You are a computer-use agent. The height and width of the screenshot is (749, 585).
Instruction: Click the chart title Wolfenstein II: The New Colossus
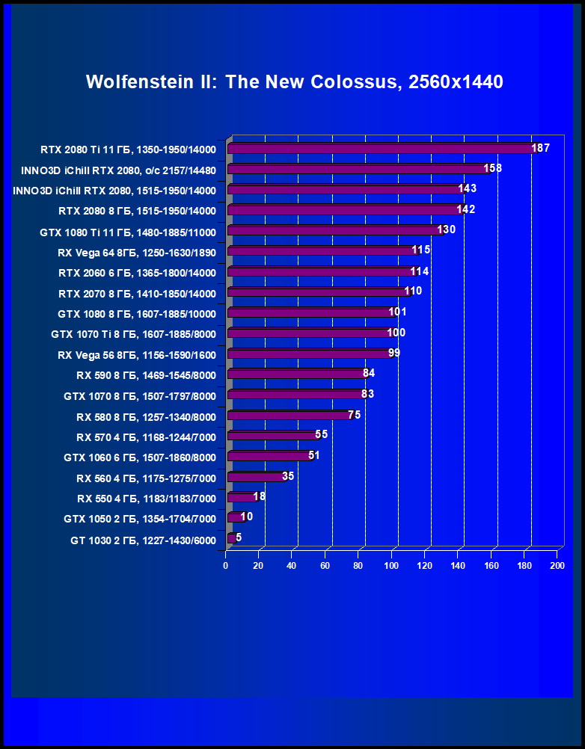tap(294, 81)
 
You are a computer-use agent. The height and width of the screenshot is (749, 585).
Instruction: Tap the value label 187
tap(540, 148)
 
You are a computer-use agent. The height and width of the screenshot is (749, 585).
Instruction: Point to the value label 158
tap(492, 168)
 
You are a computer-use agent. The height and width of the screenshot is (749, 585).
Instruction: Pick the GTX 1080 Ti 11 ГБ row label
tap(128, 232)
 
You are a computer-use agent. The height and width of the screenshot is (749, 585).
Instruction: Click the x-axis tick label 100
tap(391, 566)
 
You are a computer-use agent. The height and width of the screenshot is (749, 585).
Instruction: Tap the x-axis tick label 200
tap(557, 566)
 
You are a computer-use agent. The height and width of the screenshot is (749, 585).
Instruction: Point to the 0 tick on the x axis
tap(225, 566)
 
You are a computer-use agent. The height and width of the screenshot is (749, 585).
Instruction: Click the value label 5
tap(239, 537)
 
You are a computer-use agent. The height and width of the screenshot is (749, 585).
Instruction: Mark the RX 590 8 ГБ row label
tap(146, 375)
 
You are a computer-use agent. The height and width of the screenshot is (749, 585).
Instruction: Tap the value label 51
tap(313, 455)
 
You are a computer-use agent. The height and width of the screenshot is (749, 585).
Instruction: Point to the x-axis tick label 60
tap(325, 566)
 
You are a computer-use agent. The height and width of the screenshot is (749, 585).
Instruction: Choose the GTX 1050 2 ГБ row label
tap(140, 519)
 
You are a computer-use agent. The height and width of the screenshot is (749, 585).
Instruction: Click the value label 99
tap(394, 353)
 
